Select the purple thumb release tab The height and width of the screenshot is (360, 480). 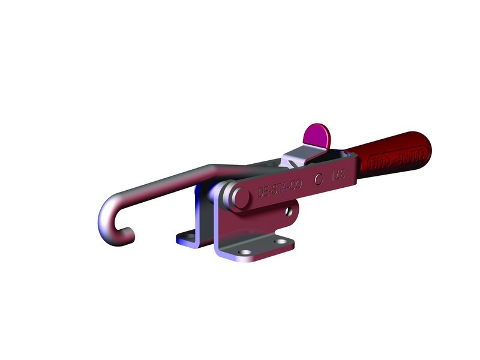coord(317,135)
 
